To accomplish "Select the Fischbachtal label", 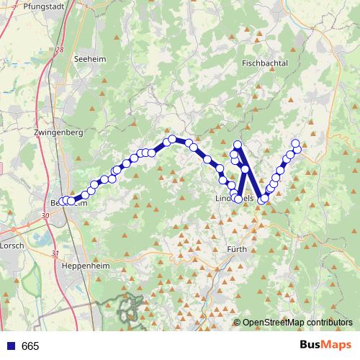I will [x=265, y=63].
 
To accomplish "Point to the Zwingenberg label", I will [x=59, y=132].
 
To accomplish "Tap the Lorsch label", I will [x=12, y=245].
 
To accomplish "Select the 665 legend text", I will [x=30, y=346].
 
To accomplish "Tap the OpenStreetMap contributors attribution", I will [x=297, y=323].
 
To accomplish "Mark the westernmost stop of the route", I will [x=61, y=202].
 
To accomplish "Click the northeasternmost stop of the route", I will [x=295, y=143].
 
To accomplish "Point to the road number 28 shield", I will [x=59, y=50].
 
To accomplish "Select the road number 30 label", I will [x=45, y=215].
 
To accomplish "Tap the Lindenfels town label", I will [x=234, y=197].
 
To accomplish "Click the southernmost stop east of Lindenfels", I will [x=263, y=199].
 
